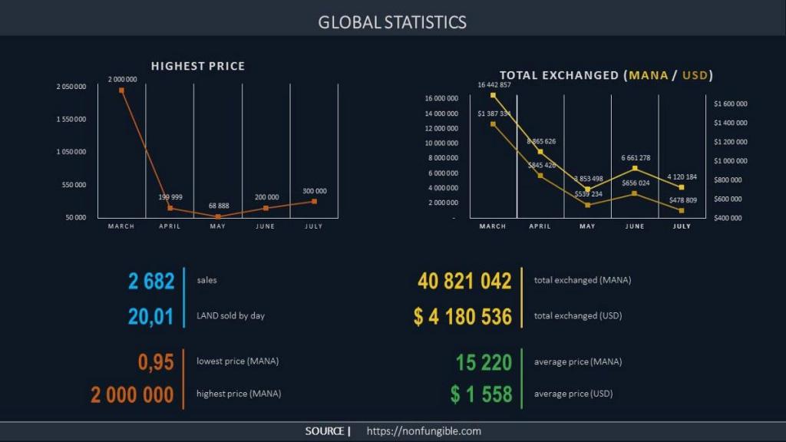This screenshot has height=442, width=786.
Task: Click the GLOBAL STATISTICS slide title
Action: pos(392,21)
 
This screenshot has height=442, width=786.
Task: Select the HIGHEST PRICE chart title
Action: pos(197,66)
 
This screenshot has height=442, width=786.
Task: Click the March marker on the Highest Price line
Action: pos(121,91)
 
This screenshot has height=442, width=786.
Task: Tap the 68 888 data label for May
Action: pos(217,206)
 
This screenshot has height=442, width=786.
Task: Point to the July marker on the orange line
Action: pos(313,201)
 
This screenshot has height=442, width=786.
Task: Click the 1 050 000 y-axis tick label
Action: pos(71,152)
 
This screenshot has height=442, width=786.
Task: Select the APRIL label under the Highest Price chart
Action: pos(170,226)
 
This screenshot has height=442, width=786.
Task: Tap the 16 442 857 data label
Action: pos(494,85)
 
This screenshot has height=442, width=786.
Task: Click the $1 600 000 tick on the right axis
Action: pos(730,104)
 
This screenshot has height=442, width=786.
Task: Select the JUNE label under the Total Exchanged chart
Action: pos(635,226)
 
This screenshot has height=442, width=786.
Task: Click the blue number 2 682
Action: pos(151,281)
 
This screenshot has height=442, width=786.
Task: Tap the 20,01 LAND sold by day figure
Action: pos(151,315)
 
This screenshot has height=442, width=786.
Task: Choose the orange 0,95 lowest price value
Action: pos(156,361)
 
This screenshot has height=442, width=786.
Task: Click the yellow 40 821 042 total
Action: pos(464,281)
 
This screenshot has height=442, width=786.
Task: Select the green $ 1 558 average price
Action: pos(481,394)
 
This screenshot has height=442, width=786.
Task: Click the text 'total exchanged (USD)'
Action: pos(577,315)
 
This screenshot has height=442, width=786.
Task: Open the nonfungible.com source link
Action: pos(424,431)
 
